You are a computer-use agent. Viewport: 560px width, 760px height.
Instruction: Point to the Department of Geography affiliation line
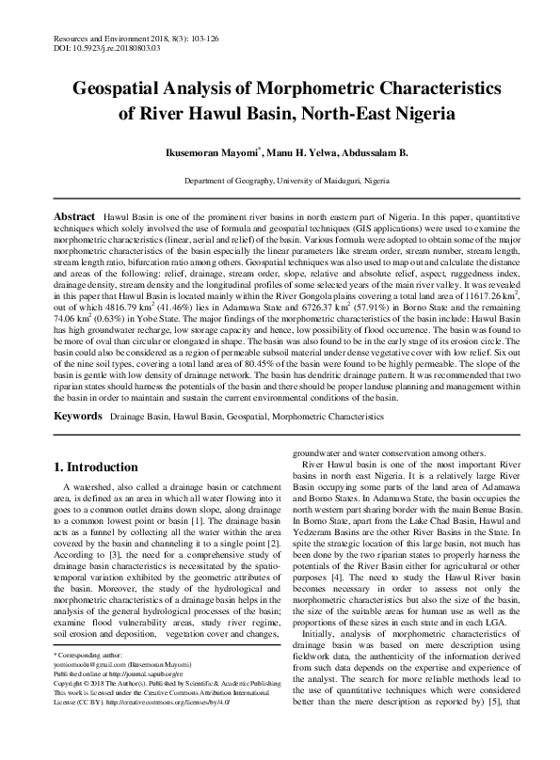click(280, 179)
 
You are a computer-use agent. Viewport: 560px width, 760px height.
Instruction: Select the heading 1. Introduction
click(95, 467)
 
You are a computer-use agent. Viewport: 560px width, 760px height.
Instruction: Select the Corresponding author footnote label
click(90, 680)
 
